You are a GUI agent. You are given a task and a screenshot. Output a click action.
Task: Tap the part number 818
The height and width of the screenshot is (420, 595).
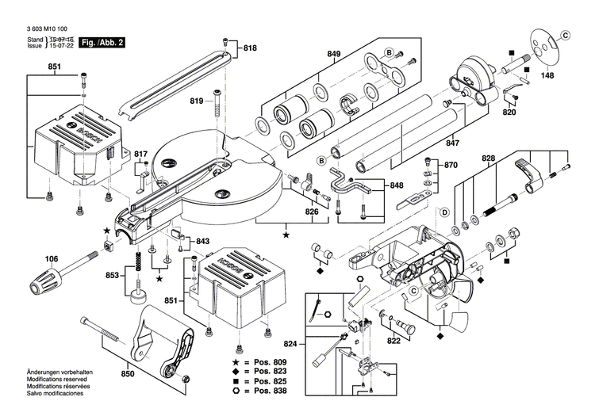[x=251, y=48]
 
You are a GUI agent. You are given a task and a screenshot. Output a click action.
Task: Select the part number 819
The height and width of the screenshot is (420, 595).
[x=197, y=101]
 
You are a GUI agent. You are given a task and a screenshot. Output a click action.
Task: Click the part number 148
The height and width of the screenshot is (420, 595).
[x=547, y=77]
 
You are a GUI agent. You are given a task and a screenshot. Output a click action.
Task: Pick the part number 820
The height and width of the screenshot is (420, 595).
[x=509, y=113]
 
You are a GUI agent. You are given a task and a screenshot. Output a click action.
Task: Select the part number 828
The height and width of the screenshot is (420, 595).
[x=489, y=159]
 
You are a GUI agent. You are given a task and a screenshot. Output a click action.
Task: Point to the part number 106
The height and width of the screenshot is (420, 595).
[x=52, y=258]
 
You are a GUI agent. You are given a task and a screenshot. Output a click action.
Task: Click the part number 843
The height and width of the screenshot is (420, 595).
[x=203, y=241]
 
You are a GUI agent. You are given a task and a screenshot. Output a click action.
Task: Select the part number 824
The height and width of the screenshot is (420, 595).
[x=294, y=345]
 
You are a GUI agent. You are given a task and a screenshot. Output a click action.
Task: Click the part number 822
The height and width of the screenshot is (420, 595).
[x=393, y=341]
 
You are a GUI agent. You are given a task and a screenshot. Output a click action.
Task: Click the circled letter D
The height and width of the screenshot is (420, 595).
[x=444, y=212]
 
